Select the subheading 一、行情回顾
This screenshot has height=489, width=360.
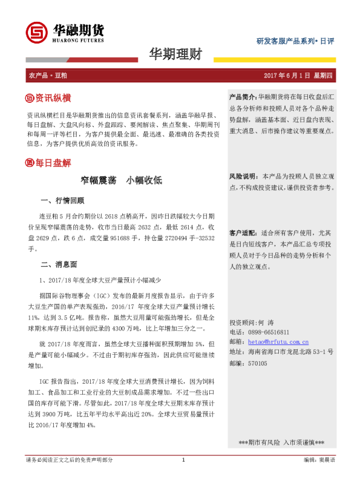pyautogui.click(x=62, y=200)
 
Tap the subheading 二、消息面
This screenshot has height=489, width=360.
pyautogui.click(x=59, y=264)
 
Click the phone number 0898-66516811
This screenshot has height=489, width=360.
pyautogui.click(x=268, y=332)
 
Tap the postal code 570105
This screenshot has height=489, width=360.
pyautogui.click(x=257, y=363)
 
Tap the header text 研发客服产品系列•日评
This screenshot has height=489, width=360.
pyautogui.click(x=295, y=41)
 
